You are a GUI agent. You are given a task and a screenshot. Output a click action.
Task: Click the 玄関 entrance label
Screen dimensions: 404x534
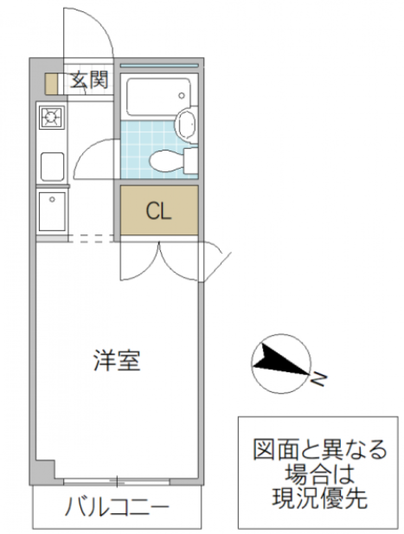point(89,81)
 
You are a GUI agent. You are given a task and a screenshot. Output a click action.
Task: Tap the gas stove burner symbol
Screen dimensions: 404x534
point(52,118)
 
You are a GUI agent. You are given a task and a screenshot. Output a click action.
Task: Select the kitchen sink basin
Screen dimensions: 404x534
point(53,167)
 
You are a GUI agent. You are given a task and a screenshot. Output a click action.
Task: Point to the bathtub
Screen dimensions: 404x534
point(158,97)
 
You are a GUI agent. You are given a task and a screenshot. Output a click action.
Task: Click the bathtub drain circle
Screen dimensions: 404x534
point(181,95)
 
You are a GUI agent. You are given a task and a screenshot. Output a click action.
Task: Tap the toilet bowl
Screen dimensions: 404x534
point(167,162)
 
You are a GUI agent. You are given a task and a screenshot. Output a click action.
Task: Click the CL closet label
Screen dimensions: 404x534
point(159,211)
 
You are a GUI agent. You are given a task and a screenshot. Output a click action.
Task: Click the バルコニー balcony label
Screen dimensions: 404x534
point(117,507)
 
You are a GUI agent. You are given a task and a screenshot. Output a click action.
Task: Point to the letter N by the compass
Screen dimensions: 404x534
point(319,380)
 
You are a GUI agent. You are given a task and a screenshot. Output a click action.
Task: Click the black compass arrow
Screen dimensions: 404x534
point(280,360)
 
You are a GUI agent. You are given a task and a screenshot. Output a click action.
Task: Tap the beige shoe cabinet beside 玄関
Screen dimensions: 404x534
point(51,83)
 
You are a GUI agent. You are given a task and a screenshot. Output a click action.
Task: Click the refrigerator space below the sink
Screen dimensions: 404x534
point(52,212)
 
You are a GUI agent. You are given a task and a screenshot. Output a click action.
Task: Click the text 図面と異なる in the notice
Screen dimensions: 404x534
point(319,450)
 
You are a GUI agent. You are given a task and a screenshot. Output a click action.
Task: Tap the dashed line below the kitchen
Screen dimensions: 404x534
point(91,238)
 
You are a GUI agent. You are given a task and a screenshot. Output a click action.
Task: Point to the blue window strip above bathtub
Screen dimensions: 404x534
point(159,65)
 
